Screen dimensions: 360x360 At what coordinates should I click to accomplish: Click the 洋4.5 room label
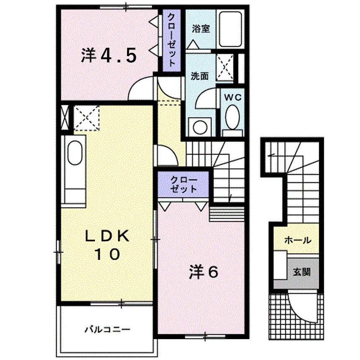(109, 55)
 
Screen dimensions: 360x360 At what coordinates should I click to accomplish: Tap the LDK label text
(107, 236)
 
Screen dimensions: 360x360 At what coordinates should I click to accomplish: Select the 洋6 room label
(203, 272)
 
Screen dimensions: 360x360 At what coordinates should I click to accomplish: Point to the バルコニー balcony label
(108, 330)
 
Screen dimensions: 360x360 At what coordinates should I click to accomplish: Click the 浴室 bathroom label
(201, 29)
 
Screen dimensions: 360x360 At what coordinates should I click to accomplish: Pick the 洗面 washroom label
(200, 76)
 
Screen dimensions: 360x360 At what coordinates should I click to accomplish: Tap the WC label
(233, 98)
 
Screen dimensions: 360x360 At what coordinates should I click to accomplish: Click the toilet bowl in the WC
(233, 117)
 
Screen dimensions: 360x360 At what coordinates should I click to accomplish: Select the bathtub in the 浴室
(230, 30)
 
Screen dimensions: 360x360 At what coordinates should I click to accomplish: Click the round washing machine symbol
(200, 127)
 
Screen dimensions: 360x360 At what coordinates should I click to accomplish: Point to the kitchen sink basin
(75, 152)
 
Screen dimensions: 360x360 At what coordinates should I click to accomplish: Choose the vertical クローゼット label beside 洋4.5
(171, 40)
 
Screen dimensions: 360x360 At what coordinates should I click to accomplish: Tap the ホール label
(298, 240)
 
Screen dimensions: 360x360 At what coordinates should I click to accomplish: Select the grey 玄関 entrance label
(302, 272)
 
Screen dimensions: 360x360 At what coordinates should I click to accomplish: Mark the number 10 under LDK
(107, 254)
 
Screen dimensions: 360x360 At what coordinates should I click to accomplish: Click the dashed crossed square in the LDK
(86, 118)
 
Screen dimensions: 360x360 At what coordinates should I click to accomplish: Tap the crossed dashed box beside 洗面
(225, 67)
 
